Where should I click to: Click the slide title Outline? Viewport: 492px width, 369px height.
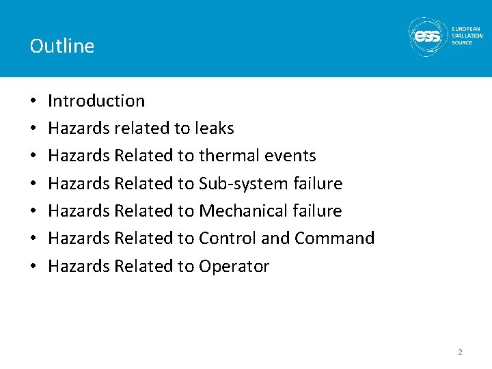(x=62, y=46)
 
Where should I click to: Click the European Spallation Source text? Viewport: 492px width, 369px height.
(x=467, y=36)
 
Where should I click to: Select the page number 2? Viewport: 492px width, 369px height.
(x=460, y=352)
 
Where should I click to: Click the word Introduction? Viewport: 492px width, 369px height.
(x=96, y=100)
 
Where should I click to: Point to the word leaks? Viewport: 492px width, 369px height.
(x=213, y=128)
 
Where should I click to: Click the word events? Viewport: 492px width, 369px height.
(x=289, y=156)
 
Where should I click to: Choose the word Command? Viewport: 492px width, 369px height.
(x=335, y=238)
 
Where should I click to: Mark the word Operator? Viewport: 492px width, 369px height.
(x=234, y=266)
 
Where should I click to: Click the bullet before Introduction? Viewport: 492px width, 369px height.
(x=33, y=101)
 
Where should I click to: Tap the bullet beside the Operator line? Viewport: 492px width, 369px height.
(x=33, y=266)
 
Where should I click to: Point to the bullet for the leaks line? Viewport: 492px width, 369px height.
(x=33, y=128)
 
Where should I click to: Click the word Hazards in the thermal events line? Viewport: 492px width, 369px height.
(x=79, y=156)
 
